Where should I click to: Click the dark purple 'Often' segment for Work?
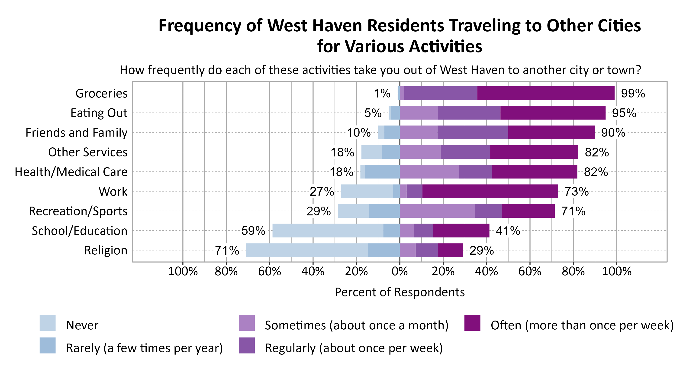point(490,191)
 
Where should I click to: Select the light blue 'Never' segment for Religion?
point(307,250)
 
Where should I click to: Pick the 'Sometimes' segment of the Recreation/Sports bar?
point(437,211)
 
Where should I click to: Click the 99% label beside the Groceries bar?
point(633,93)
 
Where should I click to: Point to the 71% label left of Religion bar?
point(227,250)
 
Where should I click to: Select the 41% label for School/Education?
point(508,231)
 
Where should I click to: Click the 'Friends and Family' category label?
point(77,133)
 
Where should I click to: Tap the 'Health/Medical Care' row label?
point(71,172)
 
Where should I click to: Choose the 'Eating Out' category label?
point(99,113)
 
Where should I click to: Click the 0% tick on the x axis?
point(400,271)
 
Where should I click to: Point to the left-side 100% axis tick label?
point(183,271)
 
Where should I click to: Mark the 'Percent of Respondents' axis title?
point(400,292)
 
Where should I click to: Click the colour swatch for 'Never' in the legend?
point(48,323)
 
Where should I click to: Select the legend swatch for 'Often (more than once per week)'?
point(472,323)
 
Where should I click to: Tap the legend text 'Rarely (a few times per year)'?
point(144,348)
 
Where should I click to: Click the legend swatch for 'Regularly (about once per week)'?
point(247,345)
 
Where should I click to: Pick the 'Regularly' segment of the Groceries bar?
point(441,93)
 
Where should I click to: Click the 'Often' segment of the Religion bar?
point(450,250)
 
